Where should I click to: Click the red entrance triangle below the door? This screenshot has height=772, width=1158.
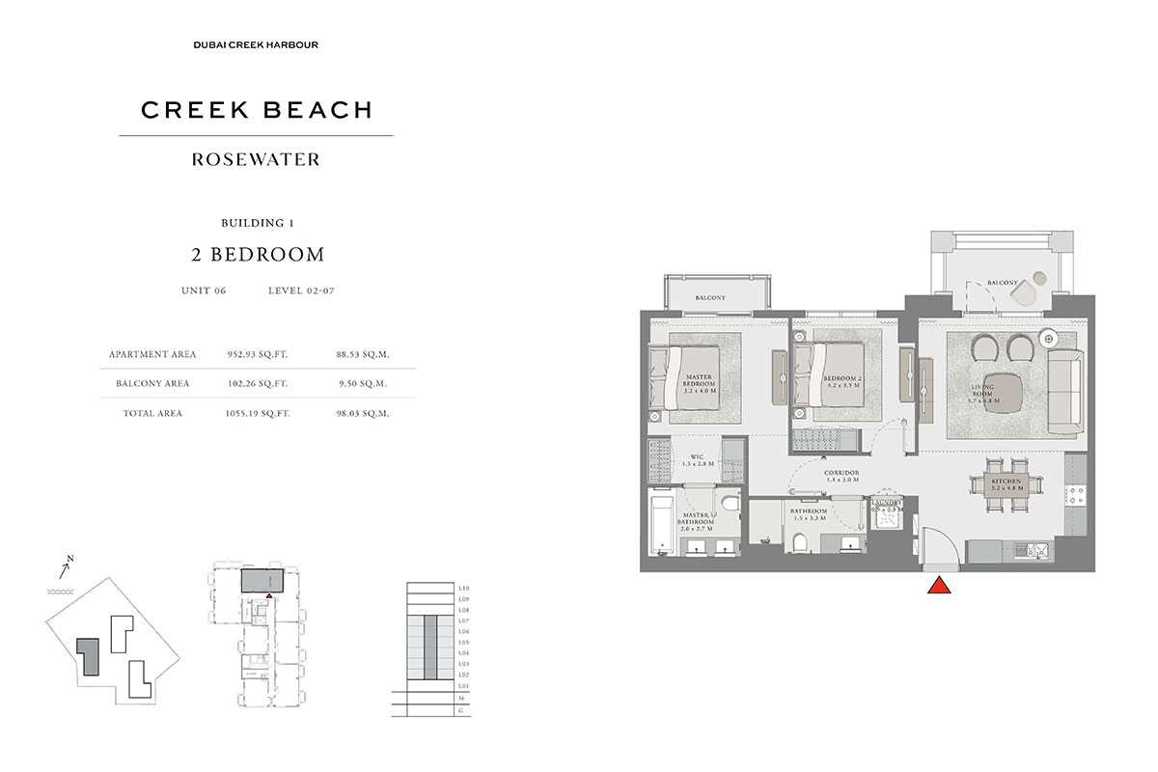click(937, 587)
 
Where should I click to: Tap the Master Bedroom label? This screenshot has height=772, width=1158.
click(699, 384)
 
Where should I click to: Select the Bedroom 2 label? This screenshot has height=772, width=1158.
click(842, 380)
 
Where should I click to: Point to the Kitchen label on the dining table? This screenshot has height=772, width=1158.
click(1006, 484)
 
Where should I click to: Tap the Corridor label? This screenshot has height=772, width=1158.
click(841, 476)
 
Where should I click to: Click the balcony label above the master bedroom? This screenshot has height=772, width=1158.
click(710, 298)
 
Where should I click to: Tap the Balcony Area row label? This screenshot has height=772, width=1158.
click(152, 383)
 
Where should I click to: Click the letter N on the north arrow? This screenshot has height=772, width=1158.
click(70, 558)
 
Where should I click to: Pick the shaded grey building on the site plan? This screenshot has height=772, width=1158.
click(88, 656)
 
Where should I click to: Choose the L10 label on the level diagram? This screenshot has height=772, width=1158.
click(463, 588)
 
